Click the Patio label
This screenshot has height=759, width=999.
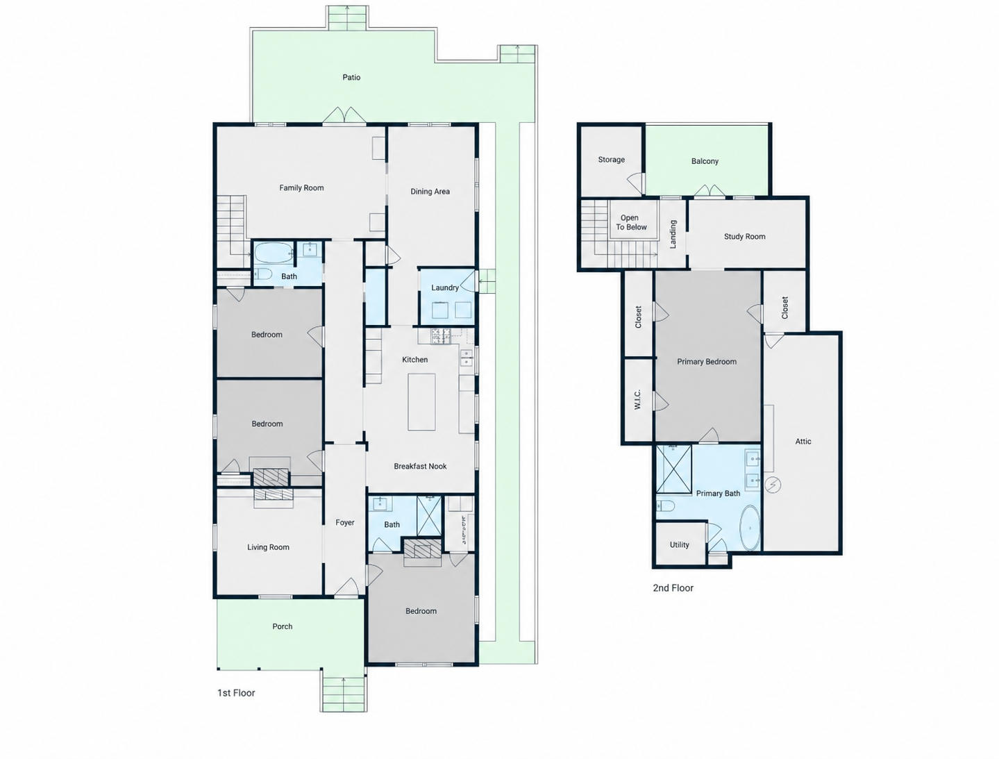(351, 77)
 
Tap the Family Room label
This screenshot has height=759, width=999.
(301, 187)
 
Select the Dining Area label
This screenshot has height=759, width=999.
(430, 192)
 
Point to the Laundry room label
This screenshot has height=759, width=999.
(445, 287)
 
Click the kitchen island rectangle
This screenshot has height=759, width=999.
(421, 402)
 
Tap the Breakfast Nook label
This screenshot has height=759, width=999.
(420, 466)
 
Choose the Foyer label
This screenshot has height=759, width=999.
(344, 522)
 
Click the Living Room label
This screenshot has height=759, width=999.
(268, 547)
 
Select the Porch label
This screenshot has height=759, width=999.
(282, 626)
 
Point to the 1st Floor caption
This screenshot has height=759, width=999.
(236, 692)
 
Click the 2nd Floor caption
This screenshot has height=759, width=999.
(673, 587)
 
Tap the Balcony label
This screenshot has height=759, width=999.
(705, 161)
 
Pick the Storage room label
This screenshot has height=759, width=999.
(611, 160)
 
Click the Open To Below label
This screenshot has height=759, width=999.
(631, 222)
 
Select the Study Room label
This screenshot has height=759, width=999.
(745, 237)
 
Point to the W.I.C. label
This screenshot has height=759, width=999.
(637, 399)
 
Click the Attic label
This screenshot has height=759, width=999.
(803, 442)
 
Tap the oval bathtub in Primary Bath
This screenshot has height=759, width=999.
(750, 528)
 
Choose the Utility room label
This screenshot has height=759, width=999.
(679, 544)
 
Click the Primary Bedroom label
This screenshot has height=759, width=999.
(706, 362)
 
